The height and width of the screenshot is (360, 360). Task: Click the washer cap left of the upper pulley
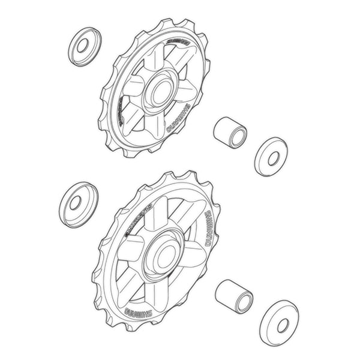click(x=85, y=46)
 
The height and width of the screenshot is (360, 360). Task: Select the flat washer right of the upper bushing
click(x=271, y=157)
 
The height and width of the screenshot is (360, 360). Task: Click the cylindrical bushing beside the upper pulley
click(x=230, y=131)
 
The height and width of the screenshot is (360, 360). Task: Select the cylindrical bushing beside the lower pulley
click(x=234, y=295)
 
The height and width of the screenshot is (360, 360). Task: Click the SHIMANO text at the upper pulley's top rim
click(x=178, y=40)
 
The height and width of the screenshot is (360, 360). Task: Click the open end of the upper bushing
click(x=238, y=135)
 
